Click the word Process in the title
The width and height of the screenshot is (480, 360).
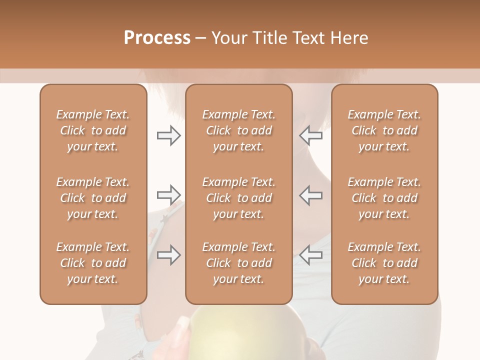coord(157,38)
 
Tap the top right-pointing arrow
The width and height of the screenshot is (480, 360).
coord(169,135)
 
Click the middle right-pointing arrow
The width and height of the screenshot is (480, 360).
coord(169,195)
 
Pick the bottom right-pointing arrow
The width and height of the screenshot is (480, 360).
coord(169,255)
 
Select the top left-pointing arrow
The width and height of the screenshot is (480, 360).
coord(310,135)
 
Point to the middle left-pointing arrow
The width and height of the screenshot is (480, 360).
coord(310,195)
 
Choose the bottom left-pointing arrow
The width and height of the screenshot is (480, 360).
coord(310,255)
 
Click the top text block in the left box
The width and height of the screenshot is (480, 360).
coord(93,130)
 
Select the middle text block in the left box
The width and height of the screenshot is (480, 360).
coord(93,198)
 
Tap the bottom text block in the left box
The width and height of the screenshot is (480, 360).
coord(93,263)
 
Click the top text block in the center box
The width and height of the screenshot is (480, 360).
coord(238,130)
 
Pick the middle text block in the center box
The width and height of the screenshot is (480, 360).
coord(238,198)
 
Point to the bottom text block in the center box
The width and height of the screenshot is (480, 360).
coord(238,263)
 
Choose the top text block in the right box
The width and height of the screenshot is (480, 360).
coord(384,130)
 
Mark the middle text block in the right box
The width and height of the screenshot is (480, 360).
coord(384,198)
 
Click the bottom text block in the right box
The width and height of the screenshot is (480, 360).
coord(384,263)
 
